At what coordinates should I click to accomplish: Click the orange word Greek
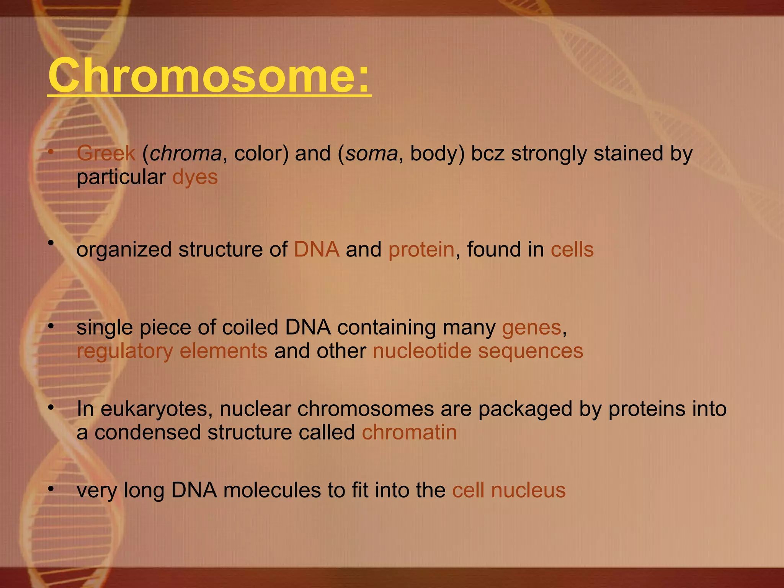point(106,154)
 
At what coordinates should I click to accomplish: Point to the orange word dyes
point(195,177)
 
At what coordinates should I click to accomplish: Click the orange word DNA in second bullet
point(317,250)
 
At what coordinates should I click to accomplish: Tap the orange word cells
point(572,250)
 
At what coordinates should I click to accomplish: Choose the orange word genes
point(531,328)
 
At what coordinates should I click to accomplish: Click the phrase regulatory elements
point(172,351)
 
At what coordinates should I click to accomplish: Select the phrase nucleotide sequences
point(478,351)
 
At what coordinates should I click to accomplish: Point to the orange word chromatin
point(409,433)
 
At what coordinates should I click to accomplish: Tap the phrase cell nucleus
point(509,490)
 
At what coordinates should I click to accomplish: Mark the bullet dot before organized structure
point(51,243)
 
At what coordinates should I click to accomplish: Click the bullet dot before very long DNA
point(51,489)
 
